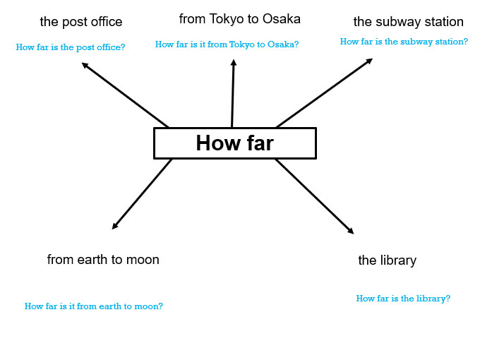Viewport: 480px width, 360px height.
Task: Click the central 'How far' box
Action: coord(235,143)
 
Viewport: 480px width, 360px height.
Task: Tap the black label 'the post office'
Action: coord(81,22)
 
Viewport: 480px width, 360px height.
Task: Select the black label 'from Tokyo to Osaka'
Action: coord(240,19)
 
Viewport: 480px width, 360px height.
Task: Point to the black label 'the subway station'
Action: coord(409,22)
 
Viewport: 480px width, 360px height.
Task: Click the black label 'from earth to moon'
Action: coord(103,260)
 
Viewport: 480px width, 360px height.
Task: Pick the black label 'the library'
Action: coord(388,260)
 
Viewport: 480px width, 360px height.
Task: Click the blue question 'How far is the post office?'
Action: coord(71,47)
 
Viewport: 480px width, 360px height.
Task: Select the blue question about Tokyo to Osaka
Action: coord(227,44)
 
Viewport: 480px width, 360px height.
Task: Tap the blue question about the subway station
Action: coord(404,42)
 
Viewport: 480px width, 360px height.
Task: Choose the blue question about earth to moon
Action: coord(94,306)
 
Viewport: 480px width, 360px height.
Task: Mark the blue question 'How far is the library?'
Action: coord(403,299)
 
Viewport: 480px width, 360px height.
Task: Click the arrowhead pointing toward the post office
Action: coord(85,65)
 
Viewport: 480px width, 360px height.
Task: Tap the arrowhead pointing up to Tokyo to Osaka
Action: coord(234,62)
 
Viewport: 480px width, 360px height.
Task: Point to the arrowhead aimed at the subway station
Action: coord(369,61)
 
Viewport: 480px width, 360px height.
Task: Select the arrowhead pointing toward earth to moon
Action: coord(115,226)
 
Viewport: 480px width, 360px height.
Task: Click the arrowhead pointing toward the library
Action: coord(351,231)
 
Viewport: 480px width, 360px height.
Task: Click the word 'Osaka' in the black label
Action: coord(282,19)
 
